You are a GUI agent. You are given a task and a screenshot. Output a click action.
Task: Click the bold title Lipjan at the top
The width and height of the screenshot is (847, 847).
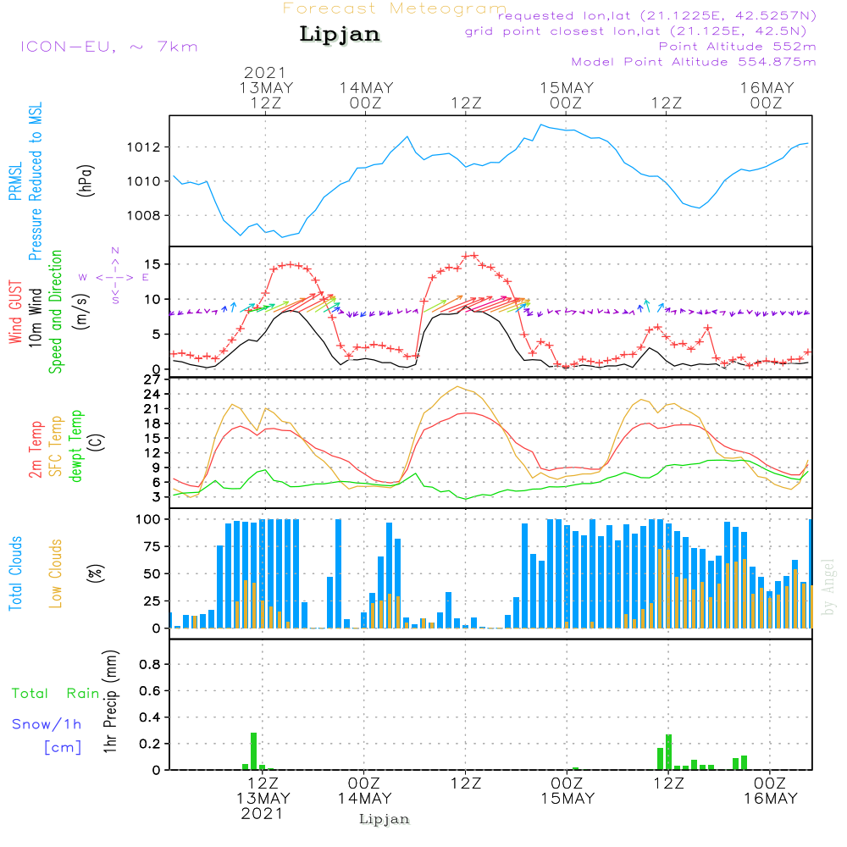[x=340, y=34]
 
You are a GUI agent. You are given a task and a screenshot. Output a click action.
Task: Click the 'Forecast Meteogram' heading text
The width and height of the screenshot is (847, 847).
[x=395, y=8]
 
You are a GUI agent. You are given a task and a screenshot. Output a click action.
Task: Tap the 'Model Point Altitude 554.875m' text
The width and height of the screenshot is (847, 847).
[x=694, y=62]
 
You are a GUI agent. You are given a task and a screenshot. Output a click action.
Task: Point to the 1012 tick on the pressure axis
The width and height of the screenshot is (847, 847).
[x=144, y=147]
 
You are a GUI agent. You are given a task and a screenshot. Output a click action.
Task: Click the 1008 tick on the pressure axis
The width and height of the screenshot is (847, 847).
[x=144, y=215]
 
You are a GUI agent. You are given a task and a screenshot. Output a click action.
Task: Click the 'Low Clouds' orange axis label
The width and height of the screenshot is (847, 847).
[x=56, y=573]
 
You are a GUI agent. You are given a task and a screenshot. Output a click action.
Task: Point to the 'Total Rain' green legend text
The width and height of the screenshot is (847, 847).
[x=56, y=694]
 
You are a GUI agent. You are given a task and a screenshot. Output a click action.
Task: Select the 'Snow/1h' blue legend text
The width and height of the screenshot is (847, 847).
[x=47, y=724]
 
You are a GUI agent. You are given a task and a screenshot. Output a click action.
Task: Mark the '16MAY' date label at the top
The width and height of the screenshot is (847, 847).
[x=767, y=87]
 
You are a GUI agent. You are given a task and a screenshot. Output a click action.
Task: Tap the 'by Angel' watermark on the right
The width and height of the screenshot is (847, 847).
[x=828, y=588]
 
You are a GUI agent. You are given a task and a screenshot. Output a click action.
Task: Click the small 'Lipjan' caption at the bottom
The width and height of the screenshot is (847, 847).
[x=385, y=819]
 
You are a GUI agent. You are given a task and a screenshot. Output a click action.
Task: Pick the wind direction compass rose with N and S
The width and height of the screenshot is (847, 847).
[x=115, y=276]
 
